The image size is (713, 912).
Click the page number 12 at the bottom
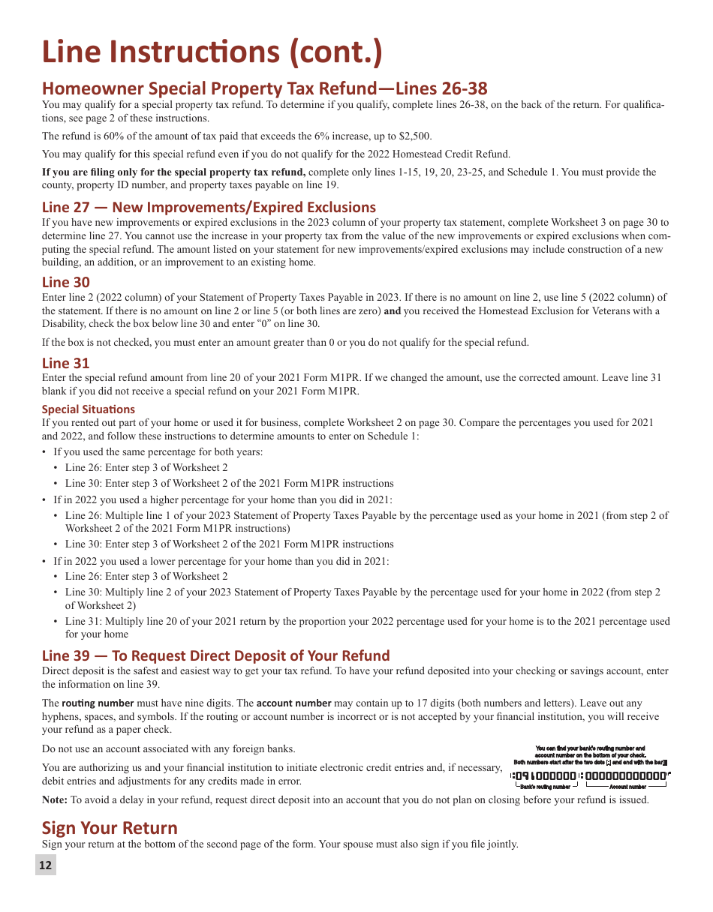point(46,865)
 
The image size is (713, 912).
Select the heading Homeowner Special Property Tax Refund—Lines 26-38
point(264,88)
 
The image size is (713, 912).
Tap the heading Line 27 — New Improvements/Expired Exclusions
point(209,207)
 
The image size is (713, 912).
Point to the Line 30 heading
point(66,282)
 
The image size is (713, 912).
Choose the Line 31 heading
point(66,363)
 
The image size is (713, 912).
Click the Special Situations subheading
point(89,409)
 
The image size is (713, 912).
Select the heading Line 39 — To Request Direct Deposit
point(216,655)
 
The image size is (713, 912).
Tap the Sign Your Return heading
point(110,828)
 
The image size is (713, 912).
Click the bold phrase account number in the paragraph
point(293,703)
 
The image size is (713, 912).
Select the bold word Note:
point(55,799)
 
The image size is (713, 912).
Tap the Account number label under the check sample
point(627,787)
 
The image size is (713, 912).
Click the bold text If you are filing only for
point(174,172)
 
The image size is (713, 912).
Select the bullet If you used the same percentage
point(158,451)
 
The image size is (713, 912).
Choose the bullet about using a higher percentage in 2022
point(222,499)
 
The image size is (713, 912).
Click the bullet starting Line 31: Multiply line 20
point(367,621)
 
